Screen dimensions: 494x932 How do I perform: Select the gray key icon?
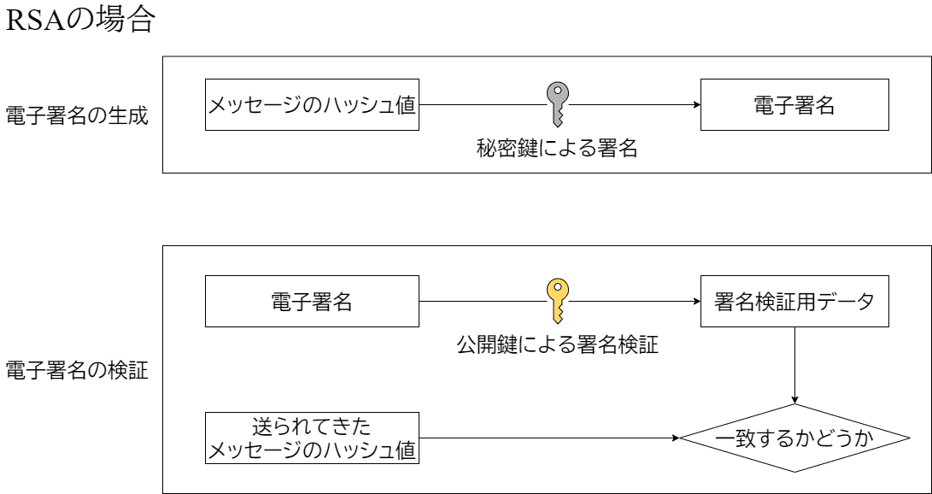click(x=558, y=103)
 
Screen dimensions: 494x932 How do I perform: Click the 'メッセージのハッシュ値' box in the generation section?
click(x=312, y=104)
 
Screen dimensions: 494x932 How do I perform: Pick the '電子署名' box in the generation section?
click(x=794, y=104)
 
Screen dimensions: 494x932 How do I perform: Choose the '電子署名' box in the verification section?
click(x=312, y=301)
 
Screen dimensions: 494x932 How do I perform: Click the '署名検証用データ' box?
click(x=794, y=301)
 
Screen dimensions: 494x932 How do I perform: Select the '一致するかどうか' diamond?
click(x=796, y=438)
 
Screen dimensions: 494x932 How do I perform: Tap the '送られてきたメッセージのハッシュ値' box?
click(x=312, y=438)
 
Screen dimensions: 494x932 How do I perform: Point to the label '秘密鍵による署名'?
click(x=558, y=149)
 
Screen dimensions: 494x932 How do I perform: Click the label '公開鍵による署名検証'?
click(x=558, y=346)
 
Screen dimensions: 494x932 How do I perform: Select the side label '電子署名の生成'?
click(x=78, y=115)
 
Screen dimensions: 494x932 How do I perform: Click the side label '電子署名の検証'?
click(x=78, y=371)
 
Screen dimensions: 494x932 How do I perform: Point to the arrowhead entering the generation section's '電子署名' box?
click(x=696, y=104)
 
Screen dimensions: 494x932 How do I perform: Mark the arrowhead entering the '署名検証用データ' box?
click(x=696, y=301)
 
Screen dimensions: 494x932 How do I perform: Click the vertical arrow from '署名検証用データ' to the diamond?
click(x=796, y=363)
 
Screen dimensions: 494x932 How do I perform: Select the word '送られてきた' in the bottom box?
click(x=312, y=426)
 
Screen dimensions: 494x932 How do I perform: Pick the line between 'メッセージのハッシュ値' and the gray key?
click(x=483, y=104)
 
